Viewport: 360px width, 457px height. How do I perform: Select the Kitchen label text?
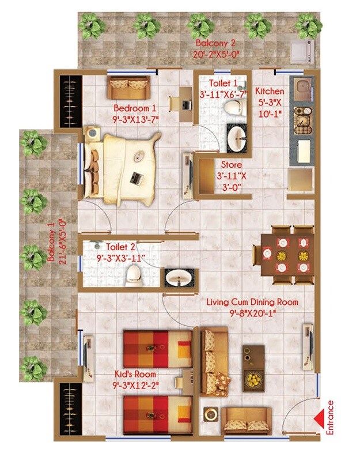[270, 91]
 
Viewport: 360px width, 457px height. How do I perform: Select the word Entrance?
[330, 417]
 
